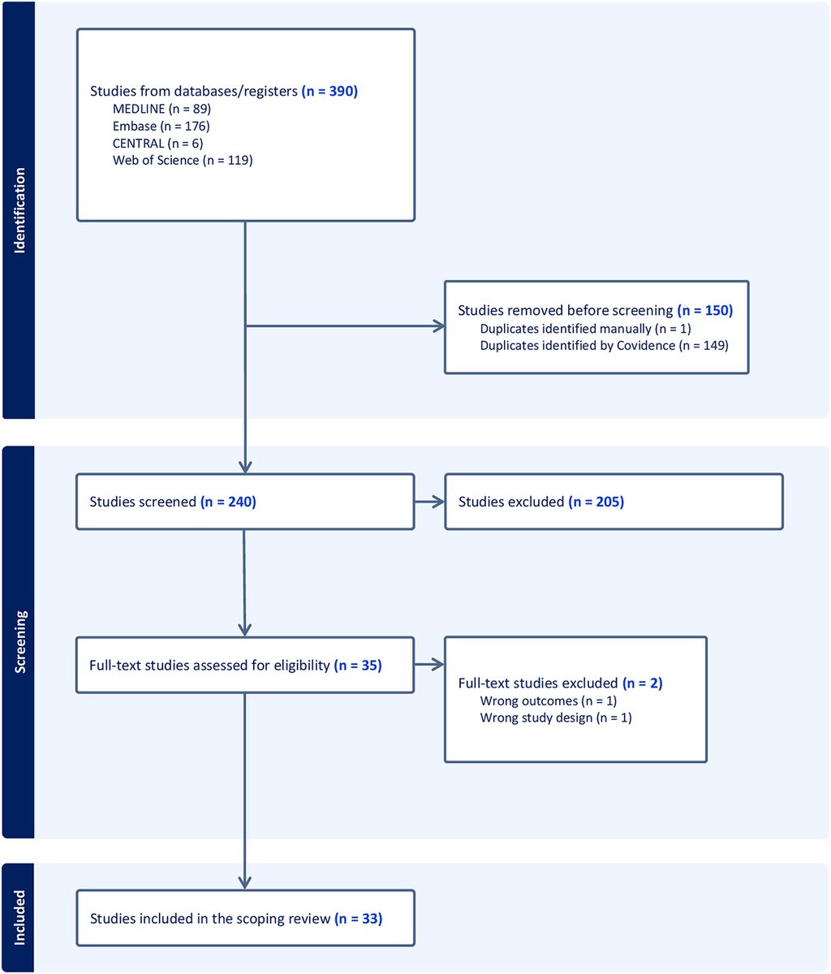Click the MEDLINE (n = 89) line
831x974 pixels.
click(161, 108)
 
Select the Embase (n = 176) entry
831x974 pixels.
click(161, 126)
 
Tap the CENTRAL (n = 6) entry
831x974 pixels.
click(157, 143)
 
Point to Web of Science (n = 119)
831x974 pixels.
click(183, 160)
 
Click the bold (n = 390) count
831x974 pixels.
click(329, 91)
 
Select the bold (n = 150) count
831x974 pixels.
click(704, 310)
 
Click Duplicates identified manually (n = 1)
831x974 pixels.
click(585, 328)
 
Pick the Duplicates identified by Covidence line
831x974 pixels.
click(604, 345)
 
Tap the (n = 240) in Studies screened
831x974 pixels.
click(228, 502)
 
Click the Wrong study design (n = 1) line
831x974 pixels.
click(555, 718)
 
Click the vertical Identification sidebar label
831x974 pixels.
click(19, 211)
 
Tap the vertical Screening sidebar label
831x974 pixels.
click(19, 642)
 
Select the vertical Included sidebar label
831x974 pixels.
click(19, 918)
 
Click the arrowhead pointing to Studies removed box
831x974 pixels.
click(439, 327)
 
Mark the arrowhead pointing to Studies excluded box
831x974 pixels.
click(439, 502)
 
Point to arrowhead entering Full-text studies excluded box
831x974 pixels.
click(439, 665)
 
